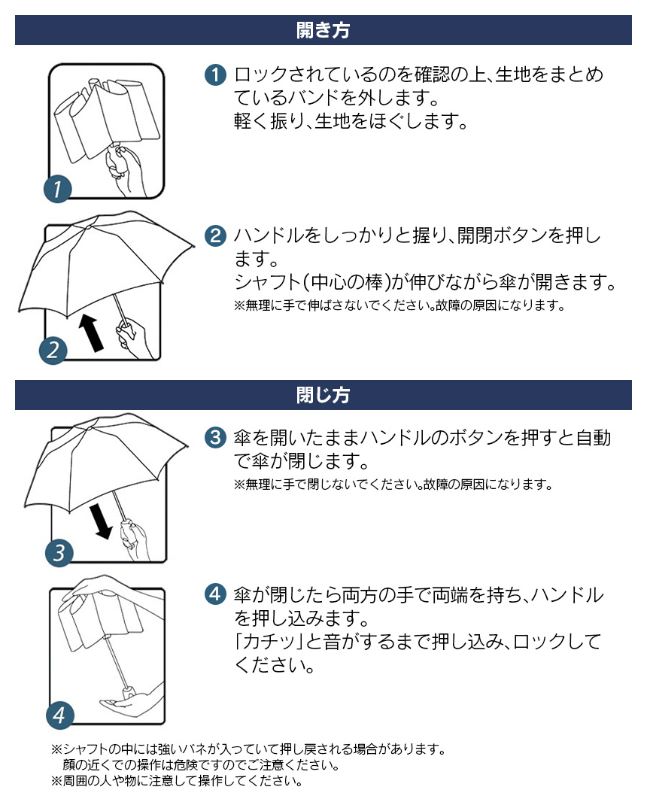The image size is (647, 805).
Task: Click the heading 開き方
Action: (323, 31)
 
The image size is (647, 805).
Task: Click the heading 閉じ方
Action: (323, 395)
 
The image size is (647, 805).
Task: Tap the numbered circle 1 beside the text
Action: (215, 75)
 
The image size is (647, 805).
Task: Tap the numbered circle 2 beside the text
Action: (215, 235)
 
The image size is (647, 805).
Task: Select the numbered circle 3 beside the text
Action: (215, 437)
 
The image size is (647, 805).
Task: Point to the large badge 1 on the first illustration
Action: (58, 189)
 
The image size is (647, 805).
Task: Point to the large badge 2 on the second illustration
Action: (53, 350)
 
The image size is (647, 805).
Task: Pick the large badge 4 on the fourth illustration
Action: (60, 715)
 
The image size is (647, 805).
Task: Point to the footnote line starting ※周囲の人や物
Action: (177, 781)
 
